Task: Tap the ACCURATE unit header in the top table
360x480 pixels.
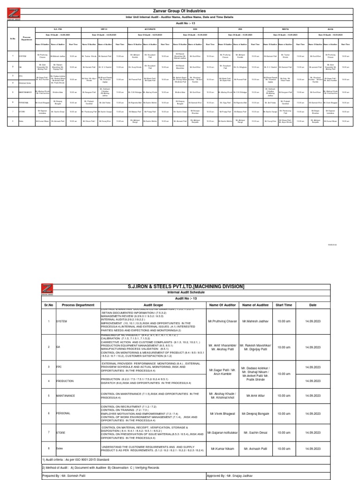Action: click(150, 29)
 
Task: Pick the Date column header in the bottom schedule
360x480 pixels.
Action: click(313, 304)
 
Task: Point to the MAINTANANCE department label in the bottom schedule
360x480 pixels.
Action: click(65, 396)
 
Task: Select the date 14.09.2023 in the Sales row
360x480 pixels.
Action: click(313, 449)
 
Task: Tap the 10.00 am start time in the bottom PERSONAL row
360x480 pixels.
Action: click(284, 414)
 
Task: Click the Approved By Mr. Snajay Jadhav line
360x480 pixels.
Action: click(234, 475)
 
